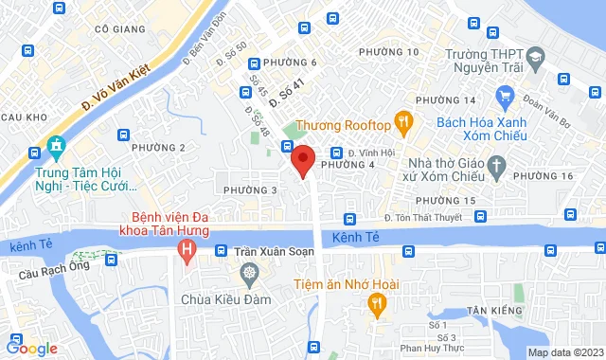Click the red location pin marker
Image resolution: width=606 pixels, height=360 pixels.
303,159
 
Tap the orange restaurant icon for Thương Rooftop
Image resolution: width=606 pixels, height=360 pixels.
403,120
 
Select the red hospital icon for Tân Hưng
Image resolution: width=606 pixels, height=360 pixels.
187,250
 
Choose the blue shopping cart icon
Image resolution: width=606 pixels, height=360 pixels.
505,95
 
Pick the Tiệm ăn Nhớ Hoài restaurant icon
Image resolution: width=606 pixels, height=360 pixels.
376,304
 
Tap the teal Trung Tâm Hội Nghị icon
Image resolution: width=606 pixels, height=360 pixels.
54,149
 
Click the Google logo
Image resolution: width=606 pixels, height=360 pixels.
30,349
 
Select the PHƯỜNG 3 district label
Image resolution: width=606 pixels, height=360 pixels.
250,190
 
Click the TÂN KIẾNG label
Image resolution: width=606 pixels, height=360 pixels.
490,310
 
